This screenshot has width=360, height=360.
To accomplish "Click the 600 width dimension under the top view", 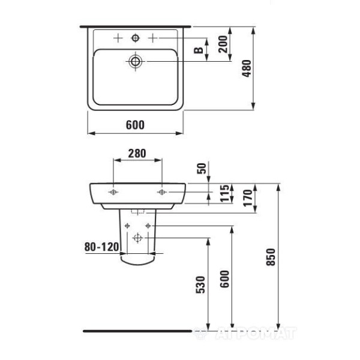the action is [135, 125].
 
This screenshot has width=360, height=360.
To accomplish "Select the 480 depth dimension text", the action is [247, 68].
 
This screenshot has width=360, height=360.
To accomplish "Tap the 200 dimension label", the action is [223, 44].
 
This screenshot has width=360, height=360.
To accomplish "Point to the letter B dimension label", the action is [199, 50].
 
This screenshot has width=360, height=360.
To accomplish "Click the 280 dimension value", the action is [137, 154].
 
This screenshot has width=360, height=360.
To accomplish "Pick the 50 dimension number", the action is [202, 168].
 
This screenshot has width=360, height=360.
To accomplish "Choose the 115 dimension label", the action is [225, 193].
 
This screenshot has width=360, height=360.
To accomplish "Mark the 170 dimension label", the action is [248, 198].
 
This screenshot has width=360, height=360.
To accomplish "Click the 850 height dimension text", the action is [271, 257].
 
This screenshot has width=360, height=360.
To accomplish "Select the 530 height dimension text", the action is [200, 284].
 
